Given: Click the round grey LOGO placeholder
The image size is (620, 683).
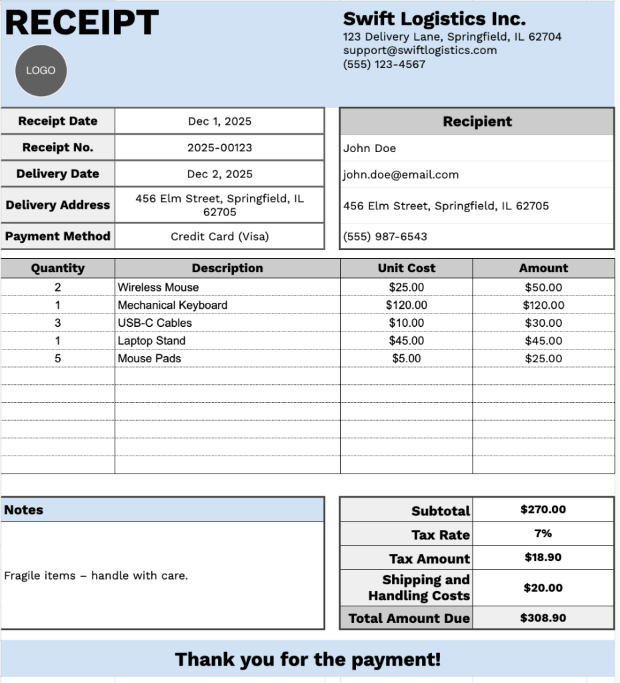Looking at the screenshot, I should (41, 70).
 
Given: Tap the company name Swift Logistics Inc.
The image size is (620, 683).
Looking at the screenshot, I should (434, 18).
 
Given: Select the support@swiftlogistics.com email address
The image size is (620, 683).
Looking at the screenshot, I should (420, 50).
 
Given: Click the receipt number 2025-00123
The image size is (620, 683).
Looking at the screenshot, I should (219, 147).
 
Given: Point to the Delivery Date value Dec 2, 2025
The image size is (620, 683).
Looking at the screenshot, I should (219, 173).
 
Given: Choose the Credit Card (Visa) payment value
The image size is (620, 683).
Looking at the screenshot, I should (219, 236).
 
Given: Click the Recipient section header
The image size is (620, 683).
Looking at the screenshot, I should (477, 121).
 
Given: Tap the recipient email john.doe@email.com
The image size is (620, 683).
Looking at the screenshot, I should (401, 175).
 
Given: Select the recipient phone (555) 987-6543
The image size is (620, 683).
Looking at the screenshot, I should (385, 236).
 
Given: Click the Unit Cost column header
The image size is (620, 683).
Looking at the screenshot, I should (406, 268).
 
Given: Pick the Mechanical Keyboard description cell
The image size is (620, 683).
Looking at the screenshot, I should (173, 305).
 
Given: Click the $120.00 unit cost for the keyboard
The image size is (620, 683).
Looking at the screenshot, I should (406, 305).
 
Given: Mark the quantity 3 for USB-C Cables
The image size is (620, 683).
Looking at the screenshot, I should (57, 323).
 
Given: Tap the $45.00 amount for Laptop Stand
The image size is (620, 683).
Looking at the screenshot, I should (543, 341).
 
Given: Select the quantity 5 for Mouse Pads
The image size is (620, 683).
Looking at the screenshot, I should (57, 358).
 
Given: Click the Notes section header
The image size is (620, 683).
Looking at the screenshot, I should (24, 510).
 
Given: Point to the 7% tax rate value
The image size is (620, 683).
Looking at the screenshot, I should (543, 534).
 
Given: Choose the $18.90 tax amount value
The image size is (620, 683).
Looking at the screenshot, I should (543, 557).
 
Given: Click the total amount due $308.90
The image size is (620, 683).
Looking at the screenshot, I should (543, 618).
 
